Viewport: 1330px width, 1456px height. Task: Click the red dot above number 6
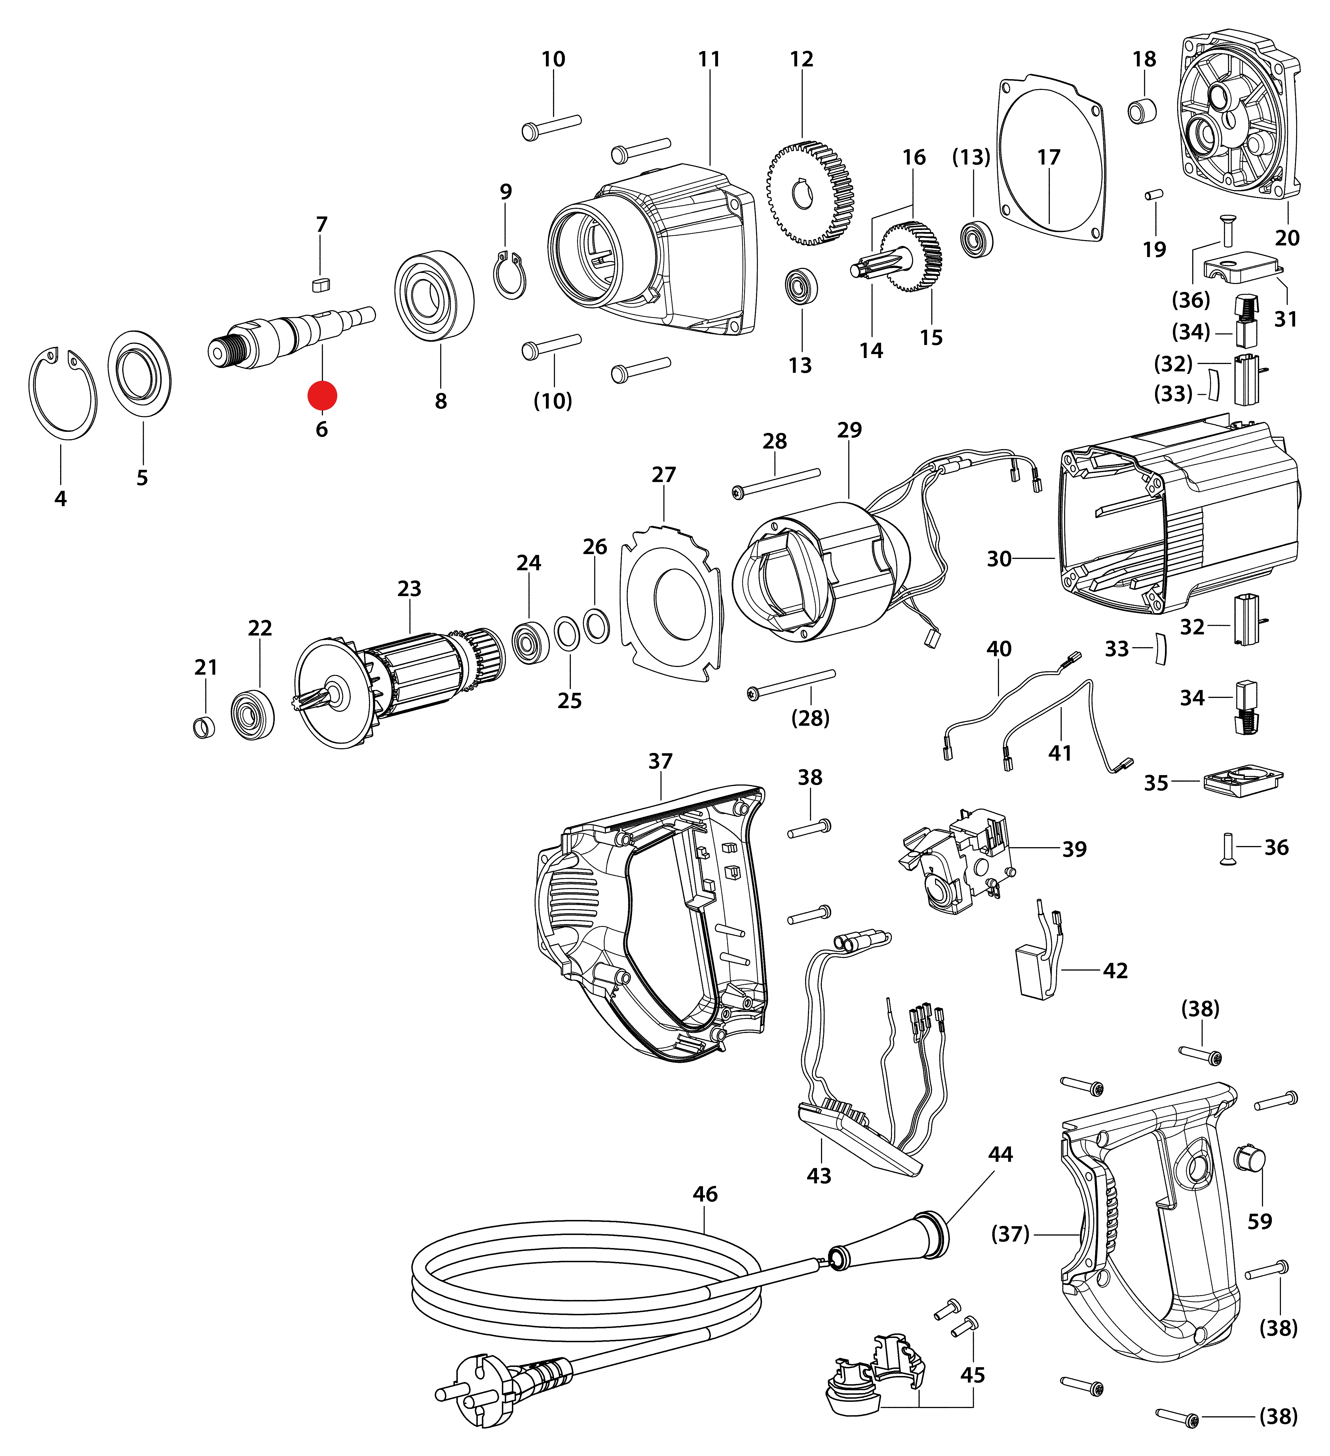coord(322,396)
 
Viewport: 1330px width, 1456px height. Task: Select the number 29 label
coord(849,430)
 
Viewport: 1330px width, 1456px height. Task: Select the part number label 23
coord(409,589)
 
